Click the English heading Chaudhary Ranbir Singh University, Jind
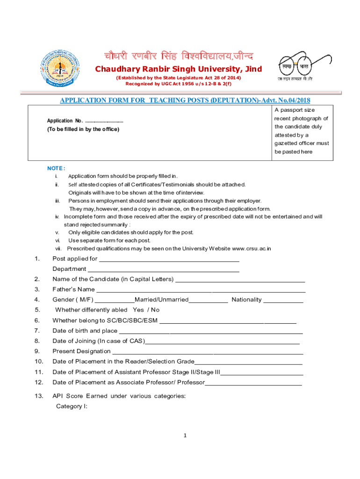[x=179, y=69]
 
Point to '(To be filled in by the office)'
[x=83, y=129]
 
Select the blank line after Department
[x=164, y=269]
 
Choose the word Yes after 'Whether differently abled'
[x=138, y=310]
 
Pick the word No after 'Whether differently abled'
[x=155, y=310]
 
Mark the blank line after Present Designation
[x=208, y=351]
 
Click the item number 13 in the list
[x=39, y=396]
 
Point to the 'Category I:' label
[x=72, y=406]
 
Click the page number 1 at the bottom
[x=185, y=436]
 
